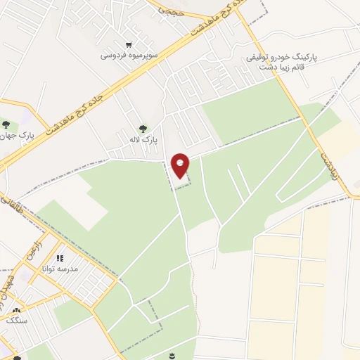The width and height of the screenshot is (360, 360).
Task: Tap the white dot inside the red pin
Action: point(181,163)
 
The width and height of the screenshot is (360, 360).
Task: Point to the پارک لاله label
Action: point(143,139)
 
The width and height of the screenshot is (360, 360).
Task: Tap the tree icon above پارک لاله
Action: point(143,129)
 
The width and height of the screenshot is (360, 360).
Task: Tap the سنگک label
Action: point(16,320)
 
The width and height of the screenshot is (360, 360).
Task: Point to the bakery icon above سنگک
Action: point(16,310)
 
